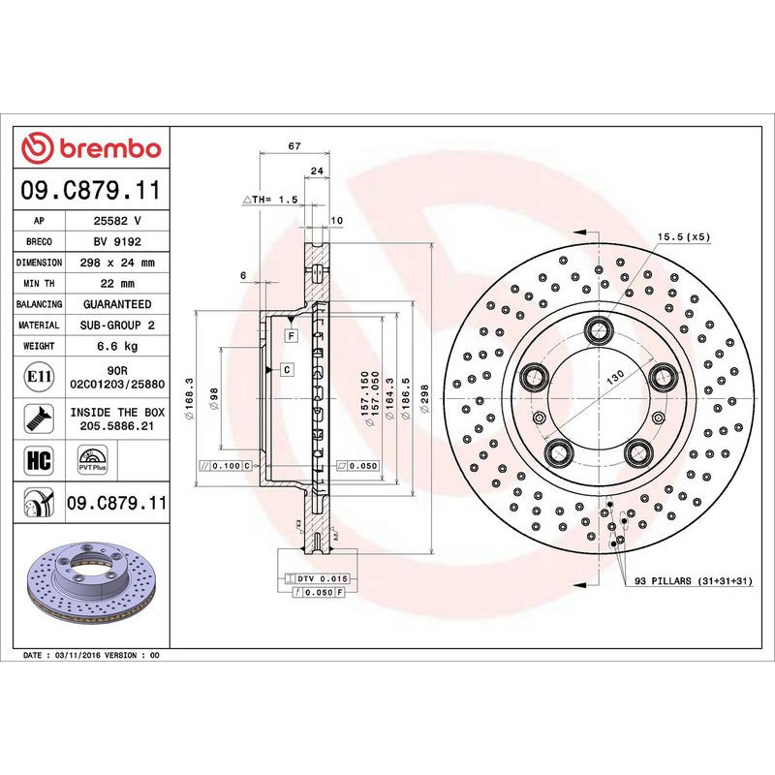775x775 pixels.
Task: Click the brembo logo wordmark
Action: (92, 148)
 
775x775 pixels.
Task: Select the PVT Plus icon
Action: (93, 459)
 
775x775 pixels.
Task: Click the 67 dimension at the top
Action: (294, 146)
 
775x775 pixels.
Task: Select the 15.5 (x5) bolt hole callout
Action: (684, 236)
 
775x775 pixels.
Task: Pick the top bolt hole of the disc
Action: (598, 329)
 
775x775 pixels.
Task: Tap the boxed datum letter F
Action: (290, 334)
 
